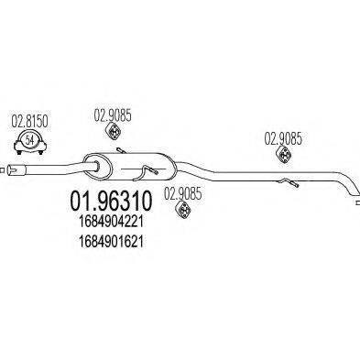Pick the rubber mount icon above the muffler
point(115,135)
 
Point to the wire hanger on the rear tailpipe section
point(295,183)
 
